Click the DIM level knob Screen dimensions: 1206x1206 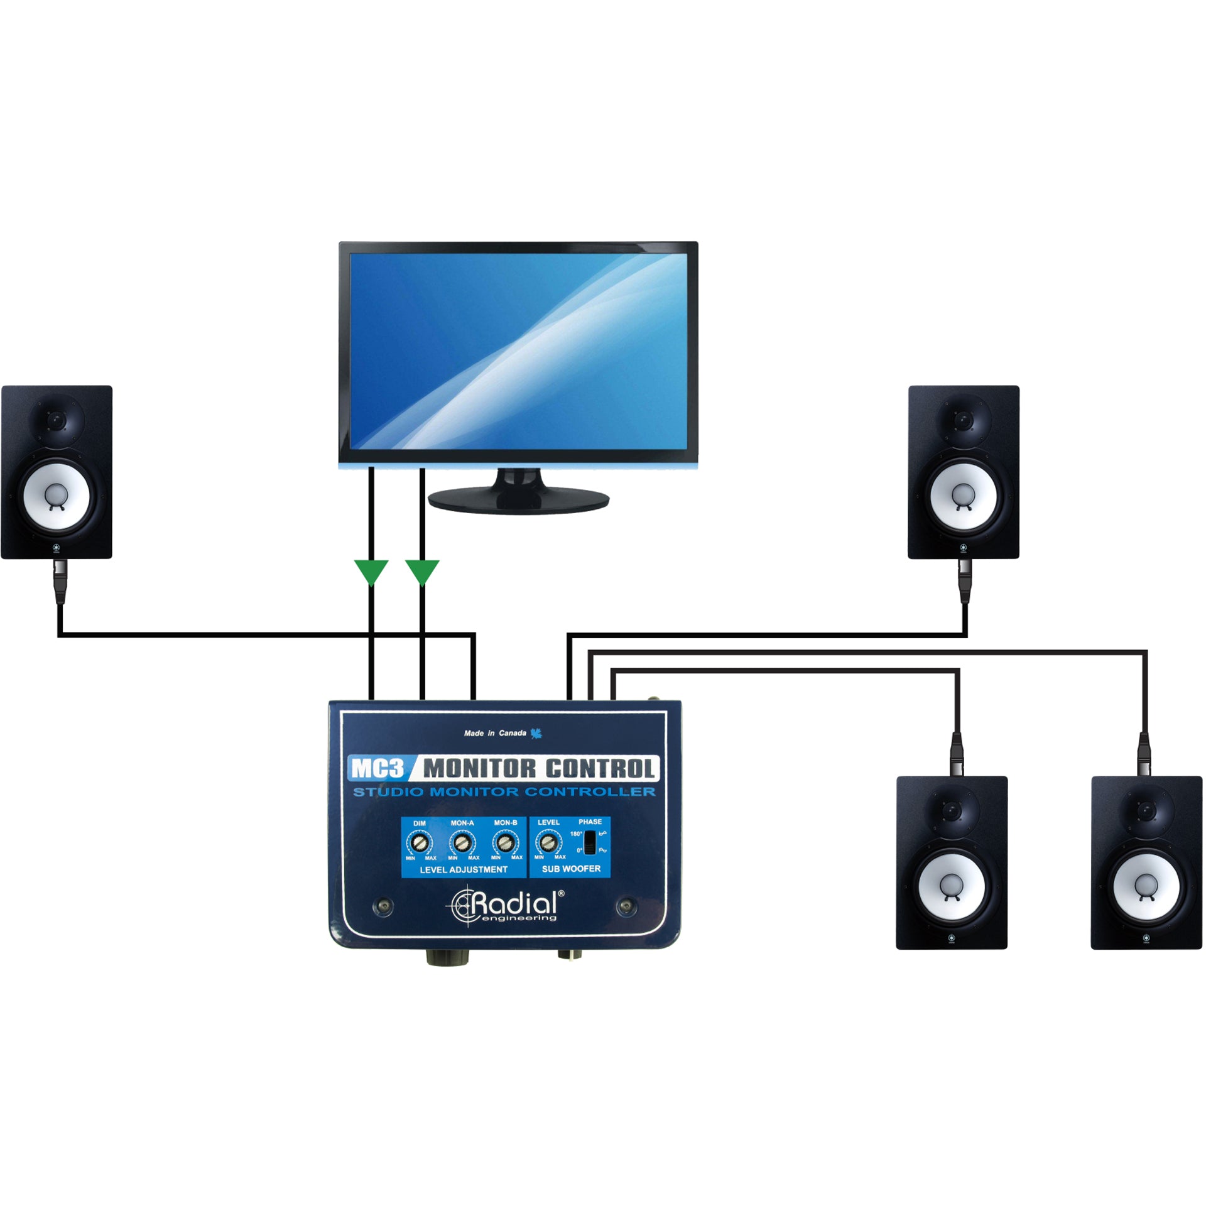pos(420,843)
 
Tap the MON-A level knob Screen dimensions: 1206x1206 pos(462,843)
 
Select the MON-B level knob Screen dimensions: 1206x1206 pos(505,843)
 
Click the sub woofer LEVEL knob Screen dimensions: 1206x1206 pos(548,842)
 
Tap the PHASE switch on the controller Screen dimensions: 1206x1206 pos(589,842)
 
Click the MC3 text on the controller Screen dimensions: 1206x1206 pos(377,768)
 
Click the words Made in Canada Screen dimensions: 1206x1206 pos(495,733)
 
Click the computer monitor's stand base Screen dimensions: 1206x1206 pos(519,501)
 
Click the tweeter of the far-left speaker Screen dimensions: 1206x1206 pos(57,419)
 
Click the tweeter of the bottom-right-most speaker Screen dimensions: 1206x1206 pos(1147,810)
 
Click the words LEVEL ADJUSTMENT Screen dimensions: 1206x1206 pos(464,870)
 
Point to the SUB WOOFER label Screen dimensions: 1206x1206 pos(571,869)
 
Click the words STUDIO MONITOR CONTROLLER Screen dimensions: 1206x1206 pos(504,792)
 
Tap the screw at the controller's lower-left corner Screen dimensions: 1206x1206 pos(383,906)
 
